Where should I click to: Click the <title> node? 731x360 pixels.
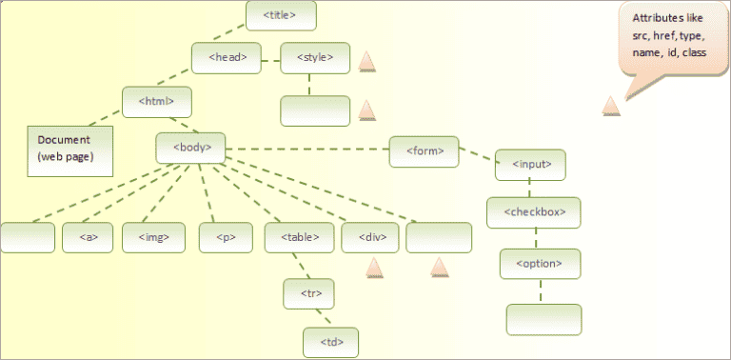pyautogui.click(x=281, y=15)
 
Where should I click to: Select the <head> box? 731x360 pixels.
pyautogui.click(x=226, y=57)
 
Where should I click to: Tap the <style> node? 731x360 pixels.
pyautogui.click(x=315, y=57)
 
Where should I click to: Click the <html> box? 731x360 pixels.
pyautogui.click(x=157, y=101)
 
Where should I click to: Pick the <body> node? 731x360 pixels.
pyautogui.click(x=191, y=147)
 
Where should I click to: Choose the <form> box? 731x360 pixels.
pyautogui.click(x=424, y=151)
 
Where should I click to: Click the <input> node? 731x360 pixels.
pyautogui.click(x=531, y=164)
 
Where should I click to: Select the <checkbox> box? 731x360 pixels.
pyautogui.click(x=533, y=212)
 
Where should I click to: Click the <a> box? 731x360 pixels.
pyautogui.click(x=88, y=237)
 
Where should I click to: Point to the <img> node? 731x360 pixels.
pyautogui.click(x=153, y=237)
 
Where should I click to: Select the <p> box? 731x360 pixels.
pyautogui.click(x=225, y=237)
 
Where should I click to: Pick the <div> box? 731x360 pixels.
pyautogui.click(x=369, y=237)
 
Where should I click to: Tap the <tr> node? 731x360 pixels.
pyautogui.click(x=308, y=294)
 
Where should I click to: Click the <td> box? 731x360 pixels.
pyautogui.click(x=330, y=340)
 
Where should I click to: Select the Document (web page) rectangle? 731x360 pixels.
pyautogui.click(x=69, y=150)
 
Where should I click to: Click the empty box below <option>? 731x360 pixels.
pyautogui.click(x=543, y=319)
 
